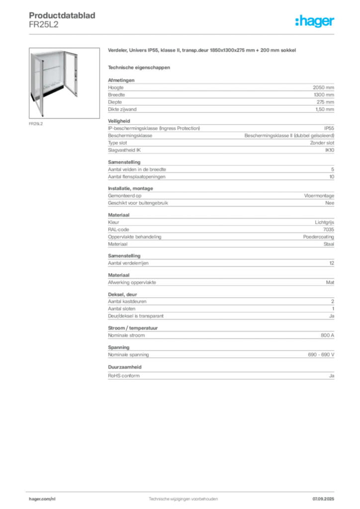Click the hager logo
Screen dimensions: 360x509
315,21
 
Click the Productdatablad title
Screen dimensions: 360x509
62,15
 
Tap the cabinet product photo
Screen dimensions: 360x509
64,83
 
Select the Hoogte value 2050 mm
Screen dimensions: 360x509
323,87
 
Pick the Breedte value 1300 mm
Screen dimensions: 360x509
324,95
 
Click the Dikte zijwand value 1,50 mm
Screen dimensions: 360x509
325,109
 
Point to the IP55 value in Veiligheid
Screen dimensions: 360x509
329,128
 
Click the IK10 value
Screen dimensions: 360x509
330,150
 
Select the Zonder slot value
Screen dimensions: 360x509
322,143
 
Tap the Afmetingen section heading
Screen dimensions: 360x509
121,80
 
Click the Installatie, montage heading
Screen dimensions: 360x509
130,188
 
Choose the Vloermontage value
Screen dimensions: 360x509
319,196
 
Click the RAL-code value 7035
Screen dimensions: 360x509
329,230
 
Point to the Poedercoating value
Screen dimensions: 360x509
318,237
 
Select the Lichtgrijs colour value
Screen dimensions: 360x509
324,222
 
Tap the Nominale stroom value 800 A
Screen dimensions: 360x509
328,336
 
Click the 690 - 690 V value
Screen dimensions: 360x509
321,355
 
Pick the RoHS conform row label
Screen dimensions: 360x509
124,376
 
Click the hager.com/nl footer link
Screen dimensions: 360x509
42,499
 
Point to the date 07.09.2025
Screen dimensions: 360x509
323,499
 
